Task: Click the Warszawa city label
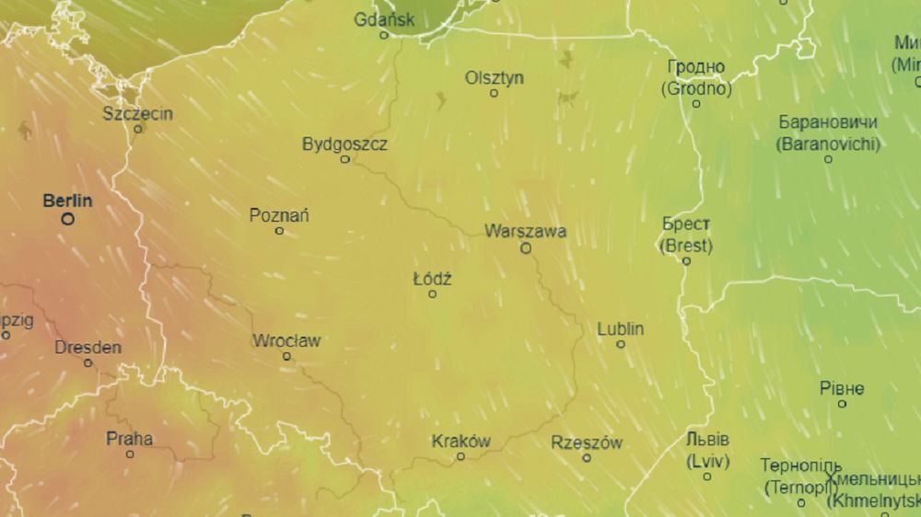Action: point(525,232)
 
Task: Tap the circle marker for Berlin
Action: point(67,219)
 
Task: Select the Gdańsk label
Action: point(384,19)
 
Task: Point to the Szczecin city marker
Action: point(138,129)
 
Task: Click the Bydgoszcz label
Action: point(344,144)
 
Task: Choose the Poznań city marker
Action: point(279,230)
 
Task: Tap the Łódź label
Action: point(432,278)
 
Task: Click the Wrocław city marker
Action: point(286,356)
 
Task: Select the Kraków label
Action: point(460,442)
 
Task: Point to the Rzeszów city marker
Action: point(587,457)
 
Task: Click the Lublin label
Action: point(620,328)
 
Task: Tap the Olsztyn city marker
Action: point(494,93)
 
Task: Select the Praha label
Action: point(129,438)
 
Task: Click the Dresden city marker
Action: point(88,362)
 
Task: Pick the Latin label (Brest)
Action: point(686,246)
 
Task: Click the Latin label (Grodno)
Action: point(696,89)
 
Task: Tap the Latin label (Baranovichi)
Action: point(828,144)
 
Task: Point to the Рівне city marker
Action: point(842,404)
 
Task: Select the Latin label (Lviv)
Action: point(707,459)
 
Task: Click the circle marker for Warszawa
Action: point(526,247)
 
